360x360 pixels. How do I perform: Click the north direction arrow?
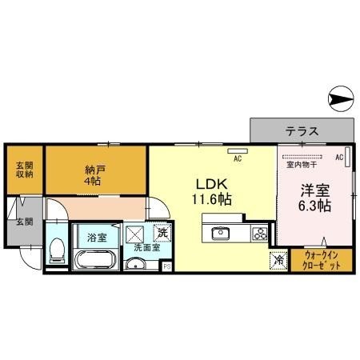point(339,100)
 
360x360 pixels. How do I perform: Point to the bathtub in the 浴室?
point(96,259)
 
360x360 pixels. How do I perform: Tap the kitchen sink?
point(220,234)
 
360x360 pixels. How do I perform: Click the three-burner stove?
point(259,234)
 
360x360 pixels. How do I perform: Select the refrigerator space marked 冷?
point(278,260)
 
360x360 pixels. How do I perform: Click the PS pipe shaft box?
point(166,266)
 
